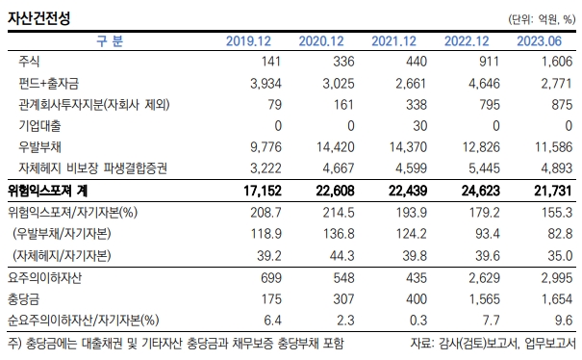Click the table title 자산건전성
(x=39, y=17)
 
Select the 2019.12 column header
(x=248, y=40)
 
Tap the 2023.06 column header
(x=539, y=40)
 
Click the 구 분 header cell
(x=110, y=40)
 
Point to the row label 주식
(x=29, y=62)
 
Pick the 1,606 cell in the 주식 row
(x=556, y=62)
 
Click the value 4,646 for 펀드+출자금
(x=484, y=83)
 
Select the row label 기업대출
(x=39, y=125)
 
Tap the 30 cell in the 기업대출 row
(x=419, y=126)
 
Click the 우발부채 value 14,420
(x=335, y=147)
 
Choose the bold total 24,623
(x=481, y=191)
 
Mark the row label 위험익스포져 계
(x=47, y=191)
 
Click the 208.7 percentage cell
(x=266, y=213)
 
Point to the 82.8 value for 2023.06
(x=560, y=234)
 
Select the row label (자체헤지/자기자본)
(x=62, y=256)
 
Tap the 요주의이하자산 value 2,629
(x=484, y=277)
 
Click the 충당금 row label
(x=23, y=299)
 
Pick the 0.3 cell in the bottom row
(x=419, y=321)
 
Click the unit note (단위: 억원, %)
(x=542, y=19)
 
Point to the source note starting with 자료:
(x=493, y=344)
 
